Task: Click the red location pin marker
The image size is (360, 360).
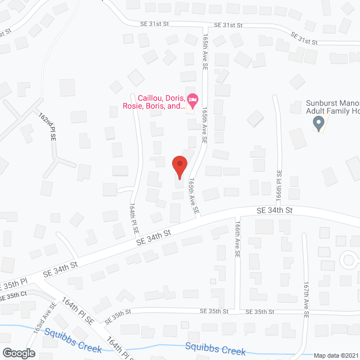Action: (179, 166)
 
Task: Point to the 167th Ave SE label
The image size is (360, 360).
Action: (307, 294)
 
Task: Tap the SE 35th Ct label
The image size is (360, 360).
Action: (14, 295)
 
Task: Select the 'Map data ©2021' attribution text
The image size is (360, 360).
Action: (336, 355)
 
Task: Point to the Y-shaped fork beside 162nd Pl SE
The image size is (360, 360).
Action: (58, 162)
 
